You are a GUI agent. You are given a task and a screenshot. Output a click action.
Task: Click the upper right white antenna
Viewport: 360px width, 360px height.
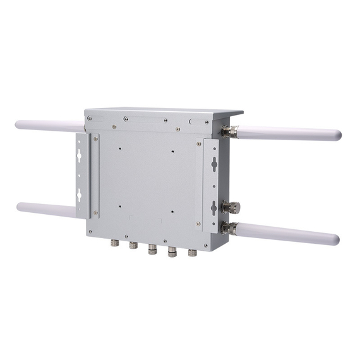pos(291,133)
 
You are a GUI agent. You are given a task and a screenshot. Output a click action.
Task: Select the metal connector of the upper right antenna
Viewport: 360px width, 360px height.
pos(229,132)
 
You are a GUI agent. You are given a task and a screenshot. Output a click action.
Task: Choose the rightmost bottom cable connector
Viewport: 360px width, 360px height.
pos(193,253)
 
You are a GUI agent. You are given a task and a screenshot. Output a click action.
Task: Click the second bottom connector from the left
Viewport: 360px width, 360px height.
pos(133,245)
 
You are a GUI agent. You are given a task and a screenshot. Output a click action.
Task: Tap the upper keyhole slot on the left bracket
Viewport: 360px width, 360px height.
pos(79,155)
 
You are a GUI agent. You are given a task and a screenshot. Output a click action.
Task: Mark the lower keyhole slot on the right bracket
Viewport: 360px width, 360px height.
pos(213,207)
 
